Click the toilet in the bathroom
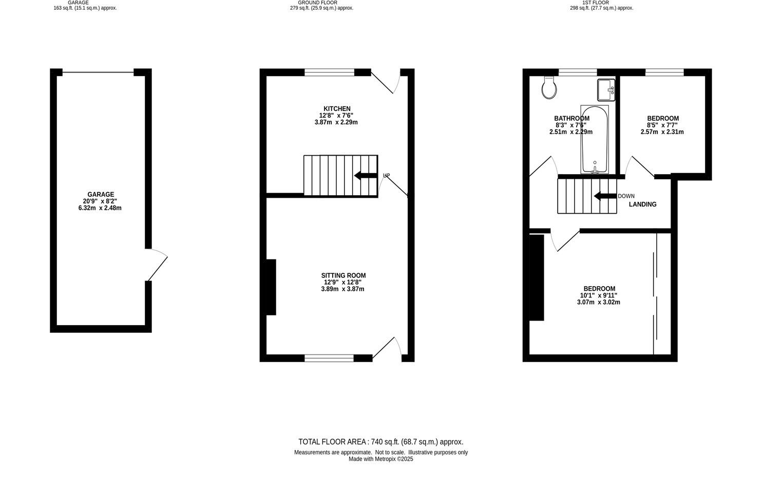[549, 88]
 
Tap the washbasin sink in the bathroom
[606, 90]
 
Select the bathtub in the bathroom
[595, 139]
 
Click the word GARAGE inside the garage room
[101, 195]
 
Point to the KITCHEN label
[337, 109]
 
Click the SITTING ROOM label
[343, 276]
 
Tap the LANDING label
[643, 204]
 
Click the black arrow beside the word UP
[365, 176]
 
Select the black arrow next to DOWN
[605, 196]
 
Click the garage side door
[157, 266]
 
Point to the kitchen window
[329, 72]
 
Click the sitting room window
[329, 358]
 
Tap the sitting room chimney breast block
[271, 287]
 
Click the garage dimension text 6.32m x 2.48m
[100, 208]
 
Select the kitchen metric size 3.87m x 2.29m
[336, 122]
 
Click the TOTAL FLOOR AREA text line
[380, 442]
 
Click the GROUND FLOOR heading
[317, 3]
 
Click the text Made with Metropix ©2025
[380, 459]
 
